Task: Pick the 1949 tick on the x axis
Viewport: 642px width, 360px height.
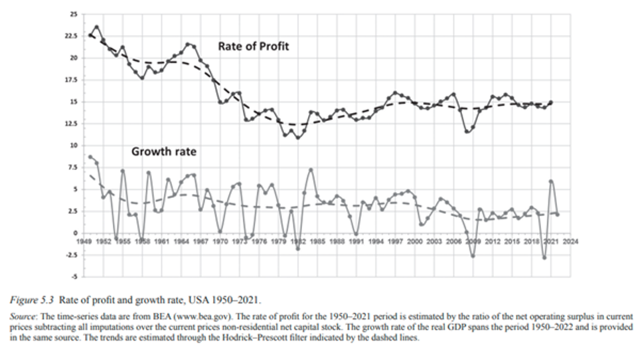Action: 84,242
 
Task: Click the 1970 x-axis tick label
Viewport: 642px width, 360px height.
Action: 220,242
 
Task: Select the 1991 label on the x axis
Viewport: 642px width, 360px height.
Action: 356,242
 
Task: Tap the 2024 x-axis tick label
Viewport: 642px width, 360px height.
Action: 570,242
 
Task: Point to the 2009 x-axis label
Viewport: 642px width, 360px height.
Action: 473,242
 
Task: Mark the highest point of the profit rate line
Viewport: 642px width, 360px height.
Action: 96,27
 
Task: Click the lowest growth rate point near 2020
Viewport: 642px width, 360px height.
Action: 544,257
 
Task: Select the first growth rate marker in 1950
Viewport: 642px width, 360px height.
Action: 90,157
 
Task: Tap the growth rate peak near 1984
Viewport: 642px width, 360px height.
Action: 311,170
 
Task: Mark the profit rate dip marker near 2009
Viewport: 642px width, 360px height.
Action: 467,132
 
